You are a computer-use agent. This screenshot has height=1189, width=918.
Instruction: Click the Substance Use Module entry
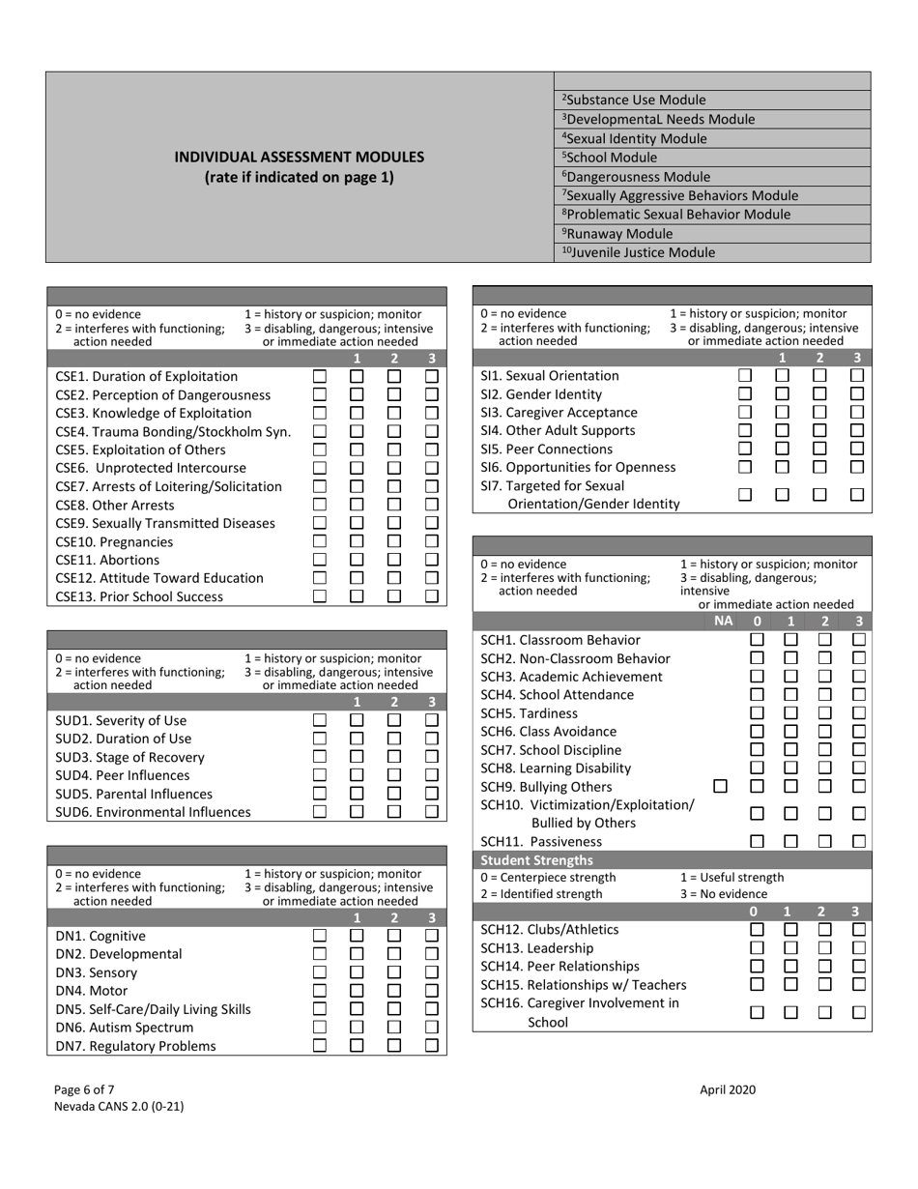click(633, 101)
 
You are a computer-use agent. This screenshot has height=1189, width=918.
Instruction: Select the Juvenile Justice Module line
click(639, 253)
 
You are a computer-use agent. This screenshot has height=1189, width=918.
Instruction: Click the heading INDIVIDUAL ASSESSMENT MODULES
click(299, 157)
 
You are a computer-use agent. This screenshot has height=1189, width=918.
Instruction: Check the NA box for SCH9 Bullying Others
click(720, 787)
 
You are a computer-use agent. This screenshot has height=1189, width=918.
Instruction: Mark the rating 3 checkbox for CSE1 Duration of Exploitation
click(432, 376)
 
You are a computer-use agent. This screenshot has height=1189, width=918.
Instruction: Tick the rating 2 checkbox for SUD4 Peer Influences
click(394, 775)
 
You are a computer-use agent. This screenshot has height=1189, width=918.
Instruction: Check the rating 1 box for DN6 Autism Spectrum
click(357, 1028)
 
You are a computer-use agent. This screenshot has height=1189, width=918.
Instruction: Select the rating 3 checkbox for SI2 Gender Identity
click(856, 394)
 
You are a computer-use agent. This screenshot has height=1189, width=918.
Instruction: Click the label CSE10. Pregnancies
click(114, 541)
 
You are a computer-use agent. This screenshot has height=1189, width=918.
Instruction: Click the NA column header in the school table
click(723, 622)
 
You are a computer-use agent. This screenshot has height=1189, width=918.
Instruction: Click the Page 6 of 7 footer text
click(91, 1089)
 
